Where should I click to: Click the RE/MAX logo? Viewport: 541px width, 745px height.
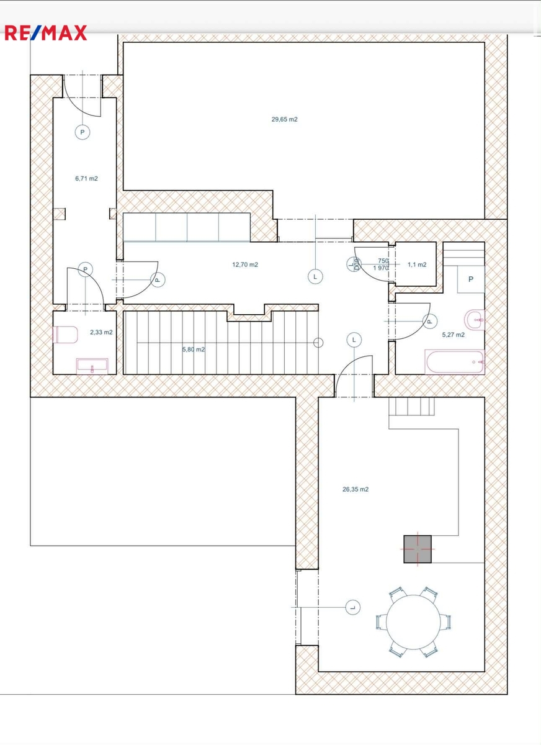coord(45,32)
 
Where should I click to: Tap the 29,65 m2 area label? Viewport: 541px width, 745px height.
coord(284,119)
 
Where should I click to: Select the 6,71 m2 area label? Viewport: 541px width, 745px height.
coord(86,179)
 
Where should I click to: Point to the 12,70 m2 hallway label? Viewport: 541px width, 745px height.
coord(245,264)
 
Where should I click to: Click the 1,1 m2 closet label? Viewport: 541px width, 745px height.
coord(417,264)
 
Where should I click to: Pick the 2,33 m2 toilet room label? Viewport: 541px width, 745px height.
coord(101,332)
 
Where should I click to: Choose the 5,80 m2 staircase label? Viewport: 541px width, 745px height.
coord(194,350)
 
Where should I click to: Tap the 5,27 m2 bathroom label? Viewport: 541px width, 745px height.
coord(454,335)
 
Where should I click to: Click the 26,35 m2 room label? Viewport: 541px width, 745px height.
coord(355,489)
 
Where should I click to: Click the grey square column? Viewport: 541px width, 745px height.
coord(418,549)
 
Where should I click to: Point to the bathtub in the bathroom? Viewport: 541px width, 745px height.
coord(455,362)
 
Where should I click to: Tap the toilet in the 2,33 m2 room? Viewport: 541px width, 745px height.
coord(65,335)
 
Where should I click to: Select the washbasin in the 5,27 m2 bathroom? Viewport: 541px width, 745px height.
coord(474,320)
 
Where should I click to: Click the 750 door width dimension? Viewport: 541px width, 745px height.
coord(383,261)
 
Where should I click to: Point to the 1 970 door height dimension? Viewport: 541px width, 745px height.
coord(380,268)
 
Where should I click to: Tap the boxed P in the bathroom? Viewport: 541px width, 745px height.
coord(471,279)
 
